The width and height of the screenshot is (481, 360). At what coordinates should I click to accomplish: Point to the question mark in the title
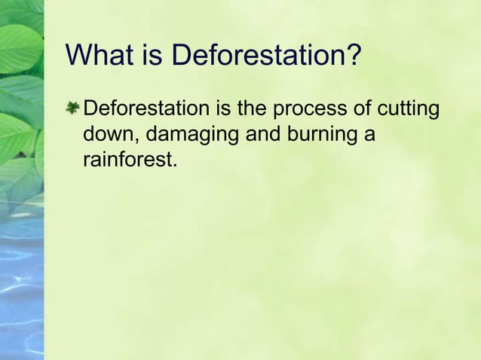(354, 55)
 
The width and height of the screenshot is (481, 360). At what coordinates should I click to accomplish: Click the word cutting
(408, 111)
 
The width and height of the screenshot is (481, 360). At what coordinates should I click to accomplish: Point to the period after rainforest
(174, 165)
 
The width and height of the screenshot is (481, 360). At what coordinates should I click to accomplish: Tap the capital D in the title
(182, 55)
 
